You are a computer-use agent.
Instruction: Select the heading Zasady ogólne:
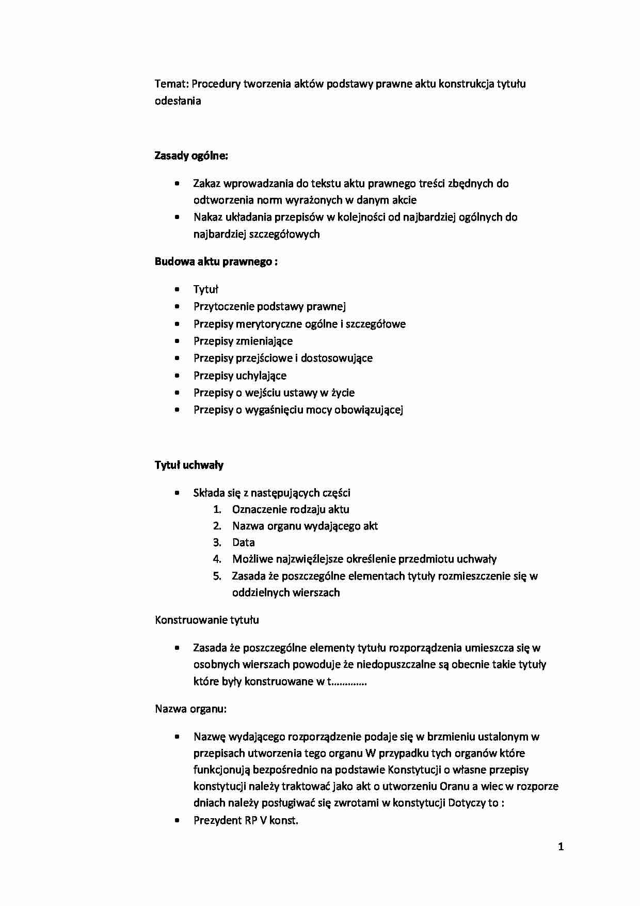pyautogui.click(x=191, y=155)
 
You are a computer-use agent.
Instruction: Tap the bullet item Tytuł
pyautogui.click(x=205, y=289)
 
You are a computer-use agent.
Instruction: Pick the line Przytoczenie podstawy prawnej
pyautogui.click(x=269, y=306)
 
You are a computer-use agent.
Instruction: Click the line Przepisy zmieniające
pyautogui.click(x=243, y=341)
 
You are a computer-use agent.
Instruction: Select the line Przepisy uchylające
pyautogui.click(x=239, y=376)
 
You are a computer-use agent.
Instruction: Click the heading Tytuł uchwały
pyautogui.click(x=189, y=465)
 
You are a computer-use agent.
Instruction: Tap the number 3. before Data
pyautogui.click(x=217, y=542)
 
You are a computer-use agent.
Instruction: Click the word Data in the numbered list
pyautogui.click(x=243, y=542)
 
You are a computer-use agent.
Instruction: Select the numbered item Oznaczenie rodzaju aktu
pyautogui.click(x=291, y=509)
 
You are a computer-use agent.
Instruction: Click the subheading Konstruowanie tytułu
pyautogui.click(x=206, y=620)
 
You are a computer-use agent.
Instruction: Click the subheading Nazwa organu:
pyautogui.click(x=190, y=709)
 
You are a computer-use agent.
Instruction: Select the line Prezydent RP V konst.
pyautogui.click(x=246, y=820)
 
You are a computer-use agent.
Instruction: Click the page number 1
pyautogui.click(x=561, y=847)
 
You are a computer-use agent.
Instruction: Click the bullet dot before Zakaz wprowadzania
pyautogui.click(x=178, y=183)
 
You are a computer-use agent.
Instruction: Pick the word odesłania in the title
pyautogui.click(x=178, y=101)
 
